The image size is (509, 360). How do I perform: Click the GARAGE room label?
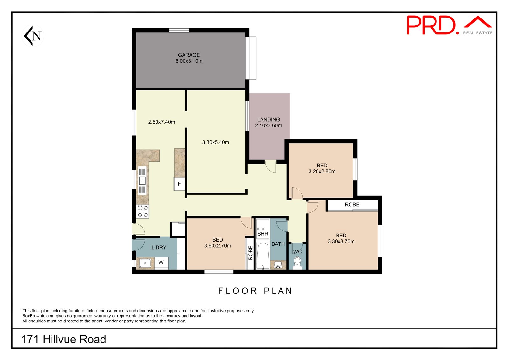pos(189,55)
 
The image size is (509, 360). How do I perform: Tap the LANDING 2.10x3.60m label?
pos(268,123)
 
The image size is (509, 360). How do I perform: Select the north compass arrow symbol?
pos(33,36)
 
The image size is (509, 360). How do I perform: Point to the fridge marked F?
pos(179,184)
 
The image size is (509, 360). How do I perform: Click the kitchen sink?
pos(142,181)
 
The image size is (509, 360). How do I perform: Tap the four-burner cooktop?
pos(143,211)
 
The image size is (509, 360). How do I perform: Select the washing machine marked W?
pos(161,263)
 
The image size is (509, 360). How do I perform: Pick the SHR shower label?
pos(263,234)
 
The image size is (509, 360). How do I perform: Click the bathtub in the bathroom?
pos(263,256)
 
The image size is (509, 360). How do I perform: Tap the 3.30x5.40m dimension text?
pos(215,142)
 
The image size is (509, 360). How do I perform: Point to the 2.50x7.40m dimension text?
pos(162,122)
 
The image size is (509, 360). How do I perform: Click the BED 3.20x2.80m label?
pos(322,168)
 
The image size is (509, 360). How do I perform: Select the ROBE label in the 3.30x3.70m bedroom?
pos(352,205)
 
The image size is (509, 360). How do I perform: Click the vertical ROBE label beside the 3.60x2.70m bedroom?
pos(250,253)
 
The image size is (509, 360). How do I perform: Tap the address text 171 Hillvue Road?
pos(63,339)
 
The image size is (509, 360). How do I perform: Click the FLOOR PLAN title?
pos(255,291)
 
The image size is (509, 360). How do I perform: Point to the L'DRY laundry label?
pos(159,247)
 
